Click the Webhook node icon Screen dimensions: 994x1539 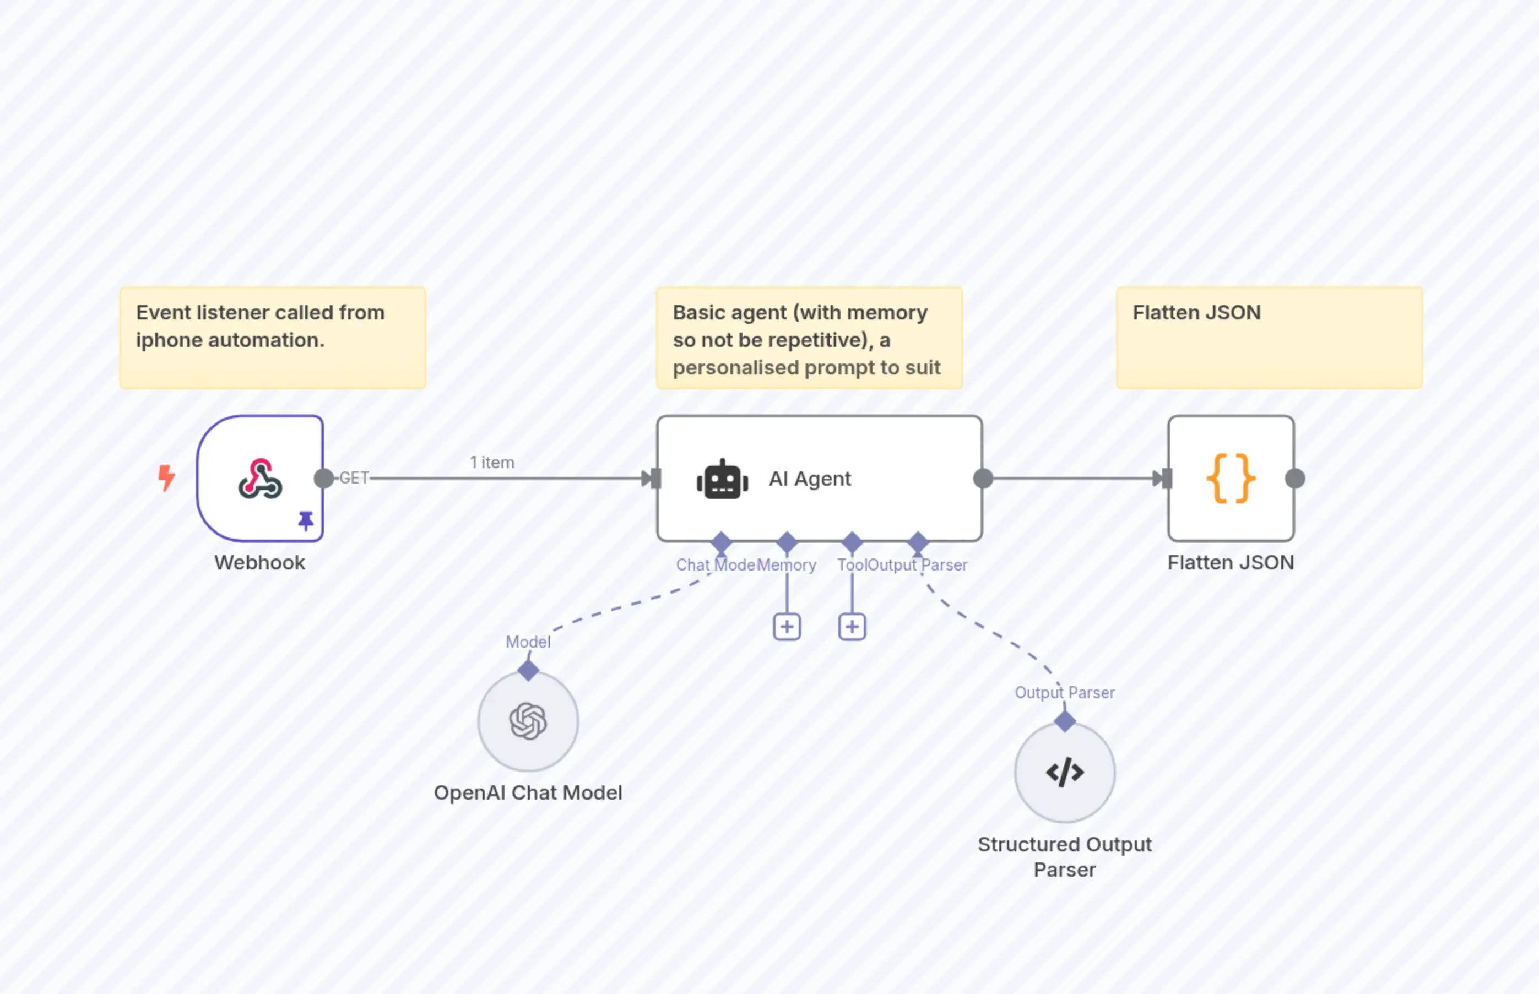pyautogui.click(x=260, y=479)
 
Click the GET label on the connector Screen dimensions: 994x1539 pyautogui.click(x=354, y=479)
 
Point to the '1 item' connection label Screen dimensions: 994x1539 pyautogui.click(x=492, y=463)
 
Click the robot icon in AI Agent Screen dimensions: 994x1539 pyautogui.click(x=722, y=480)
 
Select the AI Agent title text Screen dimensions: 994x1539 pyautogui.click(x=810, y=479)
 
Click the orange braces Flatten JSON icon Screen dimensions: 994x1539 pyautogui.click(x=1231, y=479)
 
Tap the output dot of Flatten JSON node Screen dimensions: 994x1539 pyautogui.click(x=1295, y=479)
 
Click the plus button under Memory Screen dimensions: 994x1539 pyautogui.click(x=787, y=627)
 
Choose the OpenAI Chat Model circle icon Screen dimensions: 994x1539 pyautogui.click(x=528, y=721)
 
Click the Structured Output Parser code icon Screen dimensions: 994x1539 pyautogui.click(x=1065, y=772)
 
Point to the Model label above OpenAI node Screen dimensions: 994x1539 pyautogui.click(x=528, y=642)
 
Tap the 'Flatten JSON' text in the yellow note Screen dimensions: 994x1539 pyautogui.click(x=1196, y=313)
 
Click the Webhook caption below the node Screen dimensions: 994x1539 pyautogui.click(x=259, y=563)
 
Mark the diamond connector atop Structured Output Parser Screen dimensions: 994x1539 pyautogui.click(x=1065, y=721)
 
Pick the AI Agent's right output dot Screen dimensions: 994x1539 pyautogui.click(x=983, y=479)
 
